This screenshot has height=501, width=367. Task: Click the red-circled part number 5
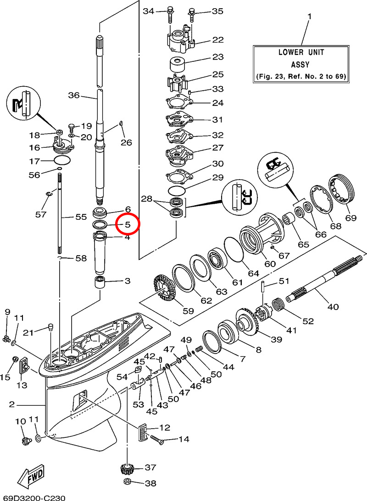(x=128, y=224)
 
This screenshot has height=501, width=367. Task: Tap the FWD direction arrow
(x=32, y=479)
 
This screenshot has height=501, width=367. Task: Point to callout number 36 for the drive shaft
(x=74, y=96)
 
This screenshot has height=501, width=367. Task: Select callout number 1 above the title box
(x=309, y=17)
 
